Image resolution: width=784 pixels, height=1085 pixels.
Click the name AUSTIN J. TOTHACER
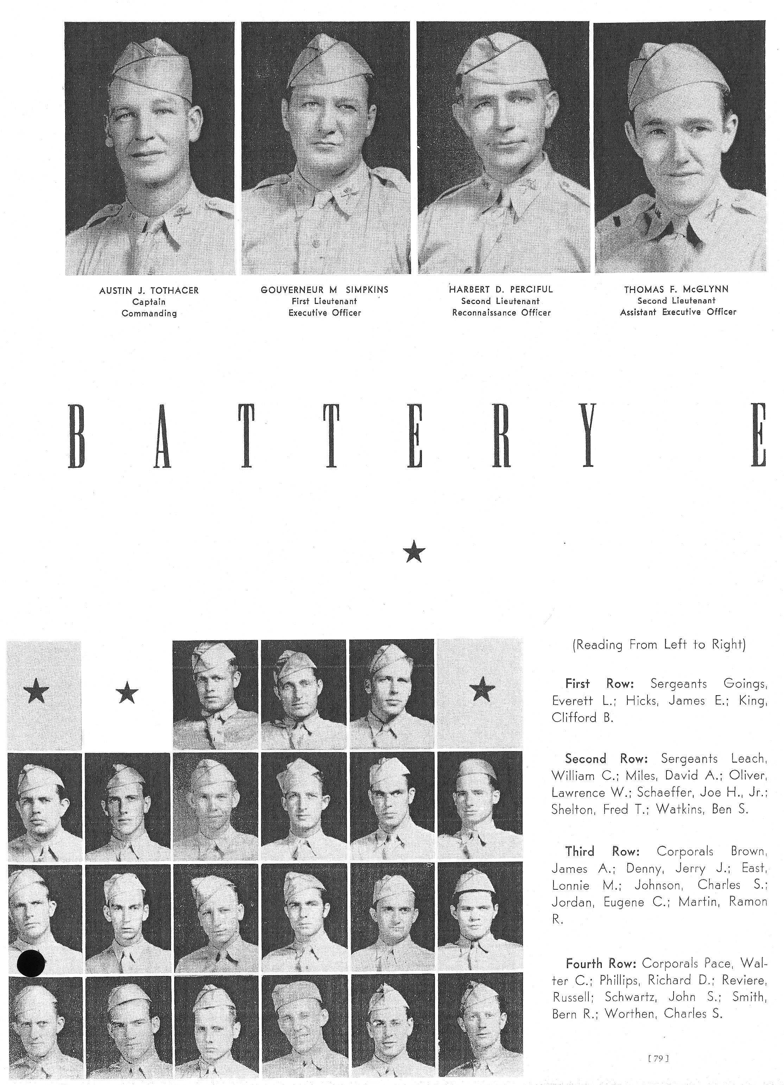tap(149, 290)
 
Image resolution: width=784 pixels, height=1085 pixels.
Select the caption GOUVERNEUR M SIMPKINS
tap(324, 290)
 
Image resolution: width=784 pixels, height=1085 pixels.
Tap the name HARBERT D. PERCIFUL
tap(501, 290)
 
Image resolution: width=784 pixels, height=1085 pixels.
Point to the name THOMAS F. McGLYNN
tap(677, 290)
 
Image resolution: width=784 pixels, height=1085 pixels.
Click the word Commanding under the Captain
tap(149, 314)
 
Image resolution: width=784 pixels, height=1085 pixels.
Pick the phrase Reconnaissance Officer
tap(501, 313)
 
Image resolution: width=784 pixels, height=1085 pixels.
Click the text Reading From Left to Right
tap(659, 645)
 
